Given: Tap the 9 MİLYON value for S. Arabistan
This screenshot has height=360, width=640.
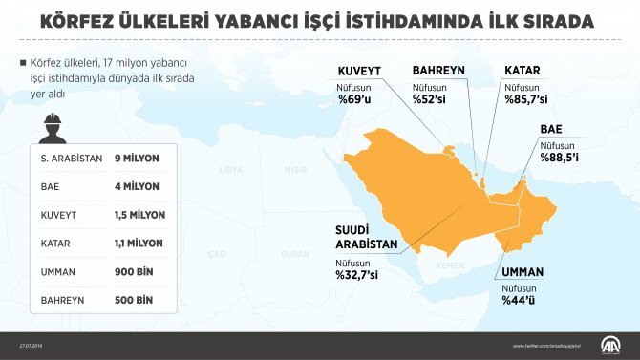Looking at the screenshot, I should click(x=136, y=158).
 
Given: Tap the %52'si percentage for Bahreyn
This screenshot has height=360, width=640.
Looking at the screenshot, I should click(x=428, y=99).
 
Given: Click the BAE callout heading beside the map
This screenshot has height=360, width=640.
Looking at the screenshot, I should click(x=550, y=129).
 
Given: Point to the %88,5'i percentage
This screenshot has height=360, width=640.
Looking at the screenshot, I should click(x=560, y=158).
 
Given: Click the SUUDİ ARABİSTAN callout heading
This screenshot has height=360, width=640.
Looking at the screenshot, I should click(x=366, y=237).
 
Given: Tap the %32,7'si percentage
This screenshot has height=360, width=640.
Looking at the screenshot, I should click(x=356, y=276).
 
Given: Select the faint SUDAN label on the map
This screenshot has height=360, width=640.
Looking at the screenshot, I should click(x=295, y=254).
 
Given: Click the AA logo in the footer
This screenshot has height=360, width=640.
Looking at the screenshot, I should click(x=607, y=345).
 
